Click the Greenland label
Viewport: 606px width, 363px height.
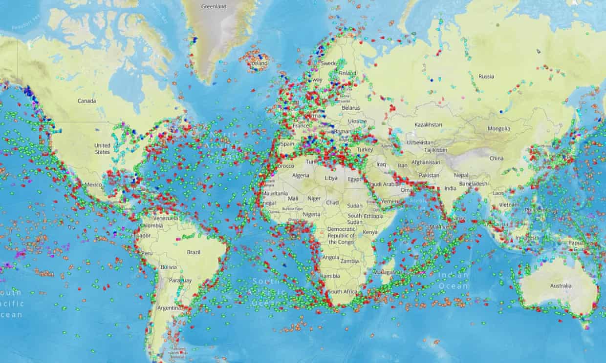tap(214, 6)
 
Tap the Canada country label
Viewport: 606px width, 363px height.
tap(87, 101)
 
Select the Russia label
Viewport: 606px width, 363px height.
tap(486, 77)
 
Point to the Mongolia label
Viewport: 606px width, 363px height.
tap(498, 129)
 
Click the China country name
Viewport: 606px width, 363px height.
tap(497, 158)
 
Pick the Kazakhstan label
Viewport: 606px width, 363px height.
tap(428, 125)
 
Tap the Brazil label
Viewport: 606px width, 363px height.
tap(194, 252)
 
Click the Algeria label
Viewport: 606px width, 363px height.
tap(301, 176)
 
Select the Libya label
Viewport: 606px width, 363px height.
tap(331, 178)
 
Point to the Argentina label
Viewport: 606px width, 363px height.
tap(168, 308)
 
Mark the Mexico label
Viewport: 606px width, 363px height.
tap(93, 185)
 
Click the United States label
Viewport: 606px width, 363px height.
tap(102, 148)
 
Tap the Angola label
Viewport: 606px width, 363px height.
tap(331, 258)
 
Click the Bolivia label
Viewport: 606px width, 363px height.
tap(168, 267)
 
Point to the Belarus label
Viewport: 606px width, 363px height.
tap(351, 107)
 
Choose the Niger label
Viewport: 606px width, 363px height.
tap(314, 199)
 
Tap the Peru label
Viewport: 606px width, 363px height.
tap(147, 254)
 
